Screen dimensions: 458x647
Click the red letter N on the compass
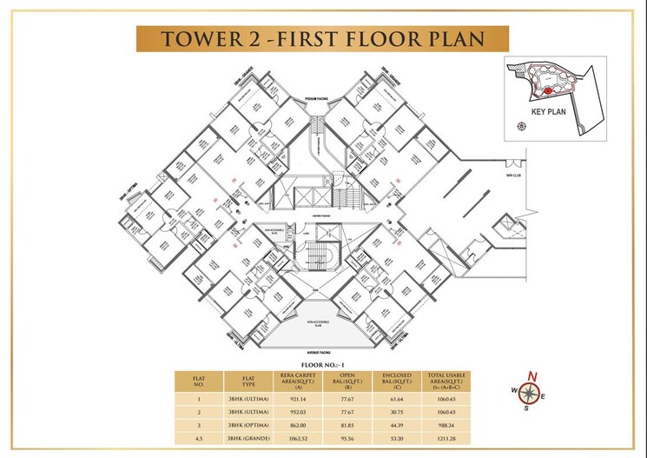[x=533, y=376]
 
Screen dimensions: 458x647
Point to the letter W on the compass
[x=513, y=389]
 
